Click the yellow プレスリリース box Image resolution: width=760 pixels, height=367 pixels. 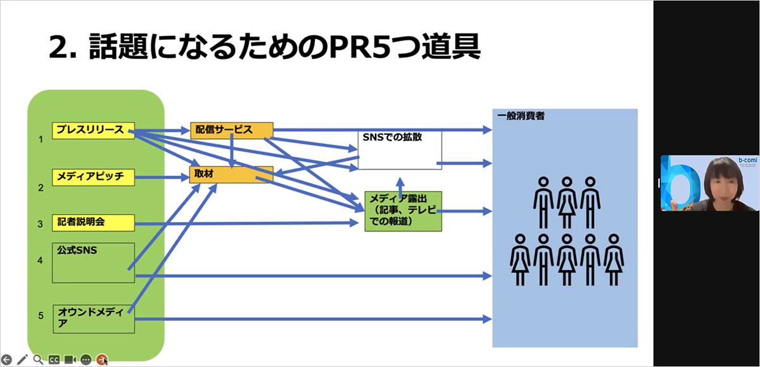[93, 130]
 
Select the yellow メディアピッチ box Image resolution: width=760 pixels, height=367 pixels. [93, 177]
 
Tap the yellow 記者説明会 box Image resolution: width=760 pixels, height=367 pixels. [93, 223]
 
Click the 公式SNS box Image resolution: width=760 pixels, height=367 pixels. [93, 263]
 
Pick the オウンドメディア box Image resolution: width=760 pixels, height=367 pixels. [94, 319]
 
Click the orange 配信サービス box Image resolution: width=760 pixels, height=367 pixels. [232, 130]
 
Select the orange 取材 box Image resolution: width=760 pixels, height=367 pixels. [231, 175]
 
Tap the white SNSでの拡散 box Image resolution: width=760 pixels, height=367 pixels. [400, 150]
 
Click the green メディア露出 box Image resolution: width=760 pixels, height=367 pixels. [403, 211]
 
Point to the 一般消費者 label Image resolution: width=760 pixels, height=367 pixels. [521, 116]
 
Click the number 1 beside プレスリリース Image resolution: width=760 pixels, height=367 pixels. [41, 139]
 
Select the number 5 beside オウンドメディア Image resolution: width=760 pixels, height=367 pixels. [41, 316]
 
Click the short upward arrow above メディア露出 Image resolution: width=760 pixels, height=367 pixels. [400, 187]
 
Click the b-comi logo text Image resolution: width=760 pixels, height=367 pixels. [748, 160]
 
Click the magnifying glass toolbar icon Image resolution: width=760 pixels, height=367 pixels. [39, 359]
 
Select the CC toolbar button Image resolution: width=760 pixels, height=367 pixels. [54, 359]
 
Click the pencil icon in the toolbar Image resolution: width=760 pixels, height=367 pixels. [22, 359]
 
